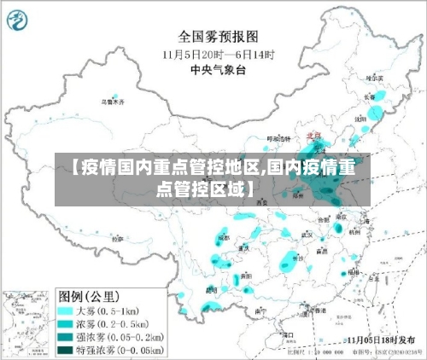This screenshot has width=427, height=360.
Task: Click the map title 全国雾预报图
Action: [x=217, y=37]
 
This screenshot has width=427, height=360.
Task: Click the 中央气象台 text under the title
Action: [x=217, y=69]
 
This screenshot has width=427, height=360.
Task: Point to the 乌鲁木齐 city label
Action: [x=113, y=102]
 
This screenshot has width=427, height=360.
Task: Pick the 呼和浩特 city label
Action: [x=279, y=137]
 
